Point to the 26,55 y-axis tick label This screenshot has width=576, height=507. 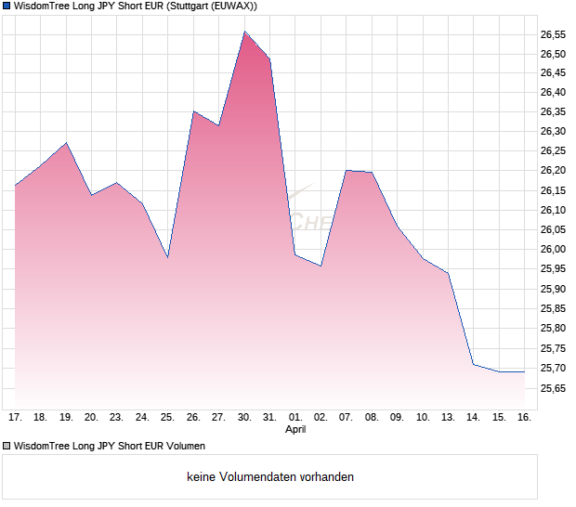pyautogui.click(x=553, y=33)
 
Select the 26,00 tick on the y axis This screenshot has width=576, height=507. pyautogui.click(x=553, y=249)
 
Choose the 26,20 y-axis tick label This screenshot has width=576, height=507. pyautogui.click(x=553, y=171)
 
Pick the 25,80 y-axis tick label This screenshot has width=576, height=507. pyautogui.click(x=553, y=328)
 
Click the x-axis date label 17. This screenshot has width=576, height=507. pyautogui.click(x=15, y=417)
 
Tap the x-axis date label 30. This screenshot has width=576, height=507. pyautogui.click(x=244, y=417)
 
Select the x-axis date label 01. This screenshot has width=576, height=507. pyautogui.click(x=295, y=417)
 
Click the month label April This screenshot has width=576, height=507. pyautogui.click(x=295, y=429)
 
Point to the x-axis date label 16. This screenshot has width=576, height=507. pyautogui.click(x=524, y=417)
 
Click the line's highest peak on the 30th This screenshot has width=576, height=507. pyautogui.click(x=244, y=32)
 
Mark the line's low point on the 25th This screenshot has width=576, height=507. pyautogui.click(x=167, y=257)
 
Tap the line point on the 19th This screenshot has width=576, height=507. pyautogui.click(x=66, y=143)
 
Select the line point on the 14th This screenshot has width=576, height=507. pyautogui.click(x=473, y=364)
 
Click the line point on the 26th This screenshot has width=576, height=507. pyautogui.click(x=193, y=111)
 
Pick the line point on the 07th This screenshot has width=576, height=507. pyautogui.click(x=347, y=170)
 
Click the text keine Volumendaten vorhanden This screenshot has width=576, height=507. pyautogui.click(x=270, y=477)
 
